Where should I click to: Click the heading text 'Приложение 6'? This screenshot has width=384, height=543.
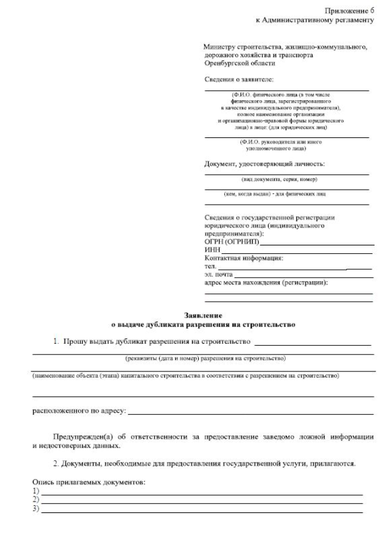(349, 11)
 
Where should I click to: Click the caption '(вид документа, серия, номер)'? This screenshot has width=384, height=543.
(279, 179)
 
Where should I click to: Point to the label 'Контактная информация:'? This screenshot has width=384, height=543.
(244, 258)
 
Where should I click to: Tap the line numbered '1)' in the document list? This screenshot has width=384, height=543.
(201, 491)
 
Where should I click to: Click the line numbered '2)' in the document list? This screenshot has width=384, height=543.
(201, 500)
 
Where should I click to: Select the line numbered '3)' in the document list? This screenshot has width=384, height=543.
(201, 509)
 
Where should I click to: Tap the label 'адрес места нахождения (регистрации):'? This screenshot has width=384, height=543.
(271, 282)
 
